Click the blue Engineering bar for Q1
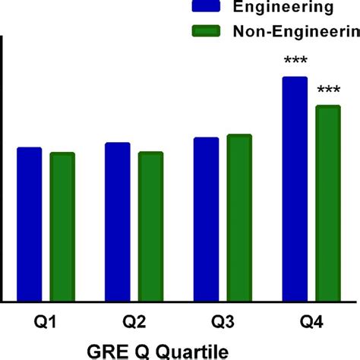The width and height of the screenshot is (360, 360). coord(29,224)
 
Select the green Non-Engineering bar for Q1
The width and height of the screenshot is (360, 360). coord(62,226)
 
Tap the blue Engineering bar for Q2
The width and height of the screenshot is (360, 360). coord(117,222)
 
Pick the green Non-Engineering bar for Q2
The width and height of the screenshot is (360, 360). coord(150,226)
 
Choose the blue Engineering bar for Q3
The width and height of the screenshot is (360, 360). coord(206,219)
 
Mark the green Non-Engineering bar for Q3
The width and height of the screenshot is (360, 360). coord(239,218)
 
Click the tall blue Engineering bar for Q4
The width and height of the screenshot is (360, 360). coord(295,189)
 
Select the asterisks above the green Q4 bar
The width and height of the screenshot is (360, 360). coord(328,90)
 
